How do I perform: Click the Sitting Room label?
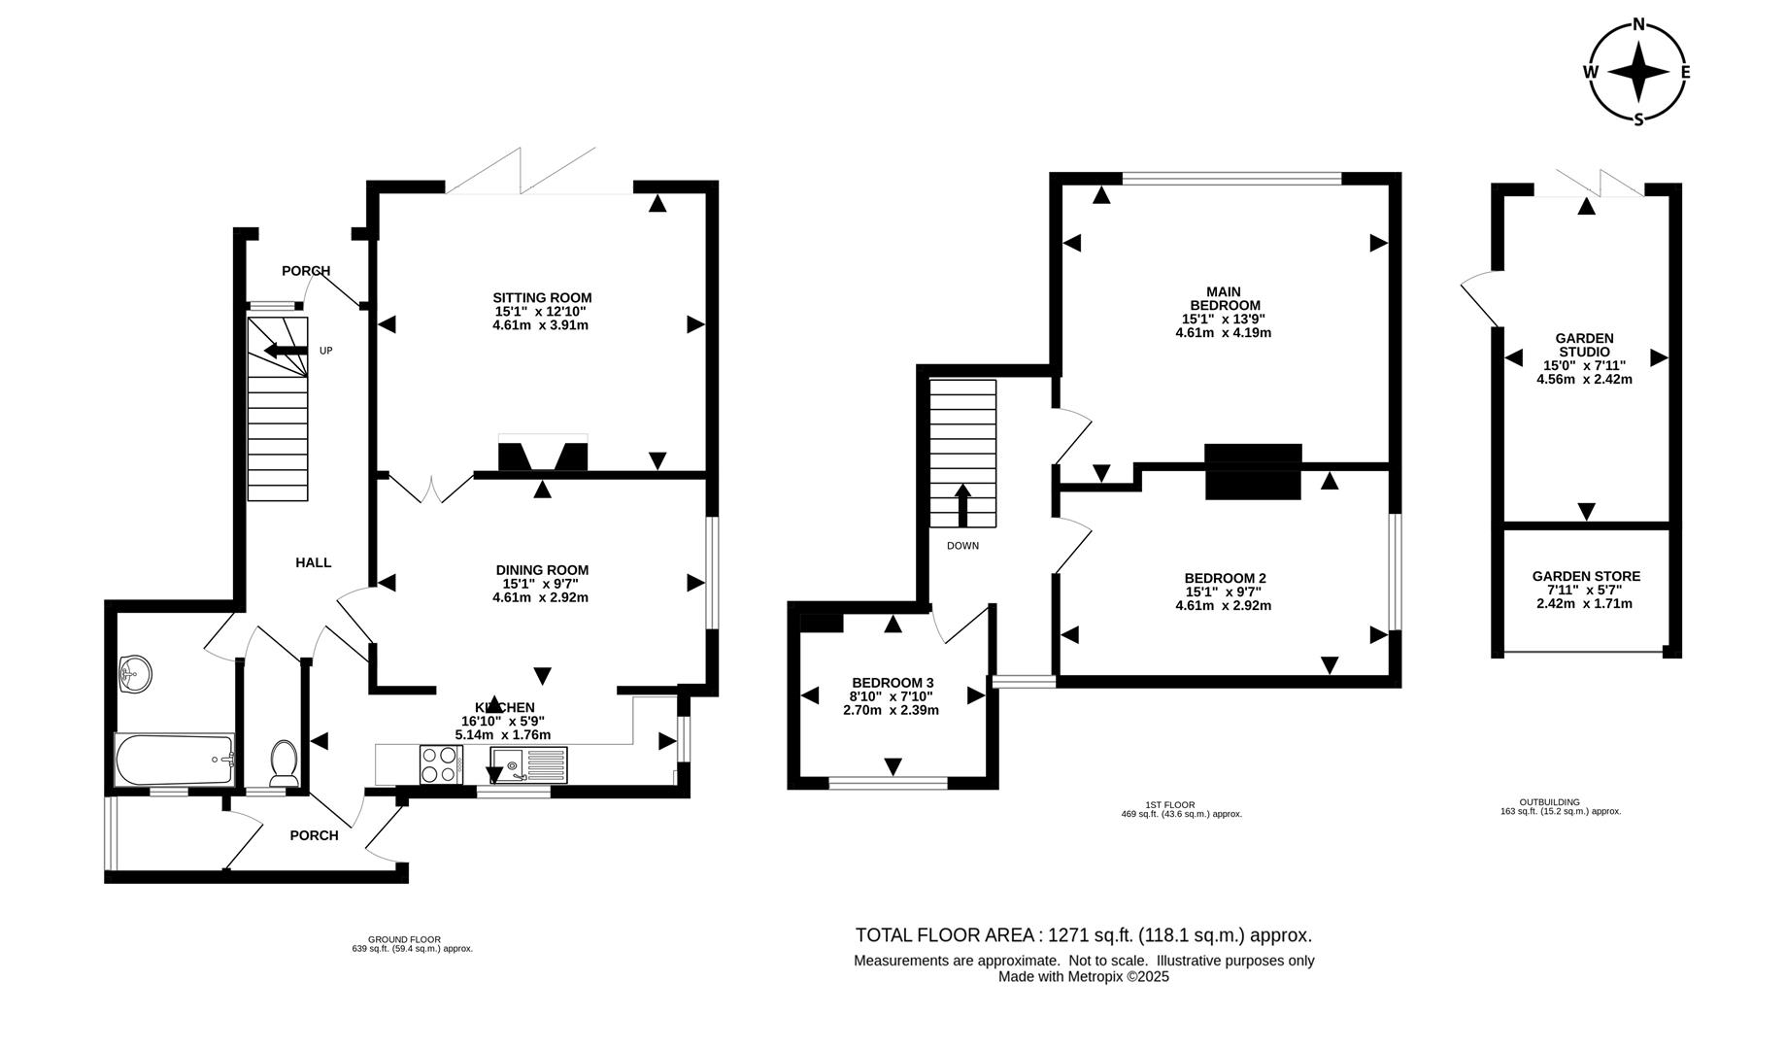tap(542, 298)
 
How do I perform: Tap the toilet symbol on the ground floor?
tap(284, 762)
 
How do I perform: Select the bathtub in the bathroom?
tap(174, 761)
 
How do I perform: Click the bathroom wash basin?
tap(135, 673)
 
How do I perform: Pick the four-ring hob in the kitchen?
tap(440, 764)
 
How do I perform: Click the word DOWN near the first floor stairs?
tap(962, 546)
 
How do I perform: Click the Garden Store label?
tap(1586, 576)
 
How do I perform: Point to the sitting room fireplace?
tap(543, 456)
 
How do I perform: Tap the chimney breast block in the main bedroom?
tap(1253, 471)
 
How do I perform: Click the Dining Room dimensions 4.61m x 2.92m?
tap(540, 597)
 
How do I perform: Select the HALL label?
tap(313, 562)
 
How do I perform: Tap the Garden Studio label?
tap(1584, 345)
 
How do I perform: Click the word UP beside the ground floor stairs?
tap(326, 351)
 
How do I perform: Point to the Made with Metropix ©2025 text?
tap(1083, 977)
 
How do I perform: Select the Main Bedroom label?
tap(1223, 298)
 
